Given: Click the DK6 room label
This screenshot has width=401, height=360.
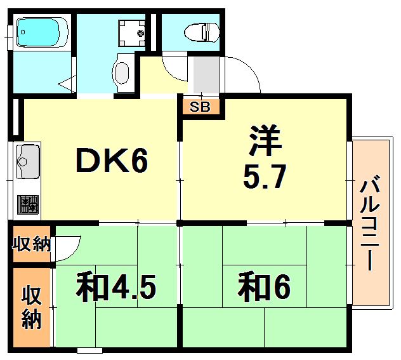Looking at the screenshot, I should click(x=112, y=162).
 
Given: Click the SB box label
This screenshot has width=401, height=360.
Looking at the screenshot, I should click(x=201, y=107).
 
